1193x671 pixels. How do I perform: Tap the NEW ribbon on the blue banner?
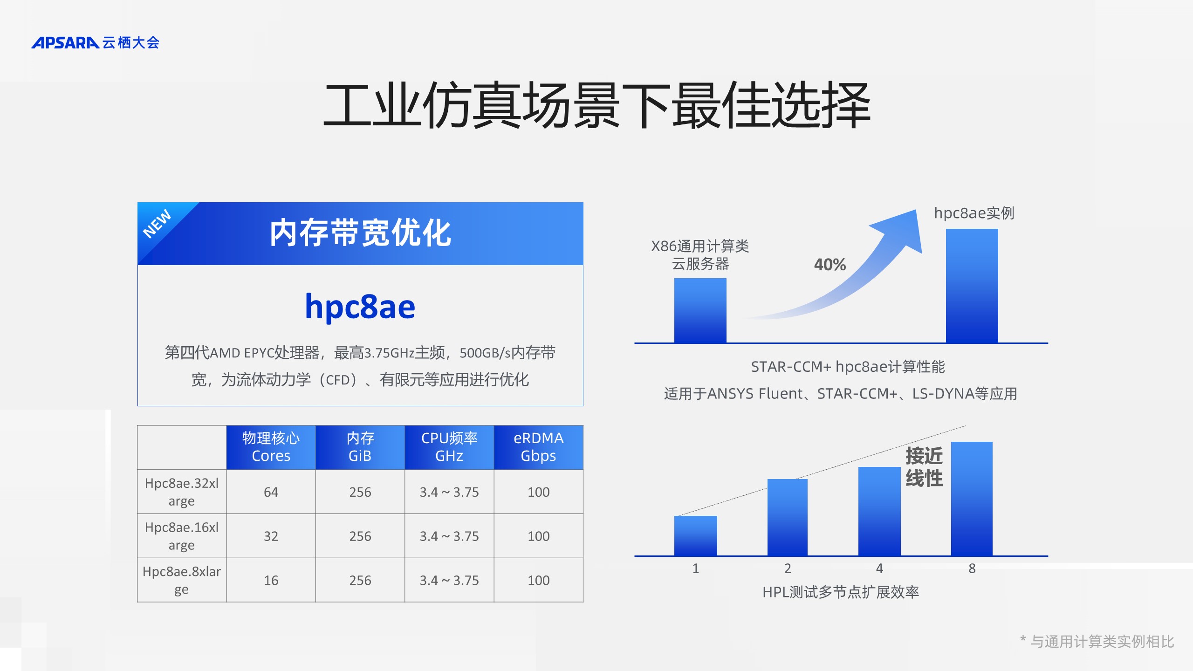[x=157, y=224]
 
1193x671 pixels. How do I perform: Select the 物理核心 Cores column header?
[x=271, y=447]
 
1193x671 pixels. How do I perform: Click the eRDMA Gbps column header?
[x=538, y=447]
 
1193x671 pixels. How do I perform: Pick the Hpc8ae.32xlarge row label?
[x=182, y=492]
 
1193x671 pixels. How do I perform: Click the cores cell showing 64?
[x=271, y=492]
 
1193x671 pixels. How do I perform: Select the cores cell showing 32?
[x=271, y=536]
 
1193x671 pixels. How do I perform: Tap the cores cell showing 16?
[x=271, y=581]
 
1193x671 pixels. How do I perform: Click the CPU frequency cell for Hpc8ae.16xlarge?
[x=449, y=536]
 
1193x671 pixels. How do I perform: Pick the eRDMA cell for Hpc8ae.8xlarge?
[x=538, y=581]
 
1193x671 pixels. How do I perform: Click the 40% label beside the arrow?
[x=830, y=265]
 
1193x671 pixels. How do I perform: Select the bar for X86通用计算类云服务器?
[x=700, y=310]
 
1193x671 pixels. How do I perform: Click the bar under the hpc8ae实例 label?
[x=972, y=286]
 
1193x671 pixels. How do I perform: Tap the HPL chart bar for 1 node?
[x=695, y=535]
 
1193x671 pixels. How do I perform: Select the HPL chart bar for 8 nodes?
[x=972, y=499]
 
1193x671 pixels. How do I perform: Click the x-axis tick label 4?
[x=879, y=568]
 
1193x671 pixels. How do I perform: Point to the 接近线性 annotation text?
[x=924, y=467]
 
